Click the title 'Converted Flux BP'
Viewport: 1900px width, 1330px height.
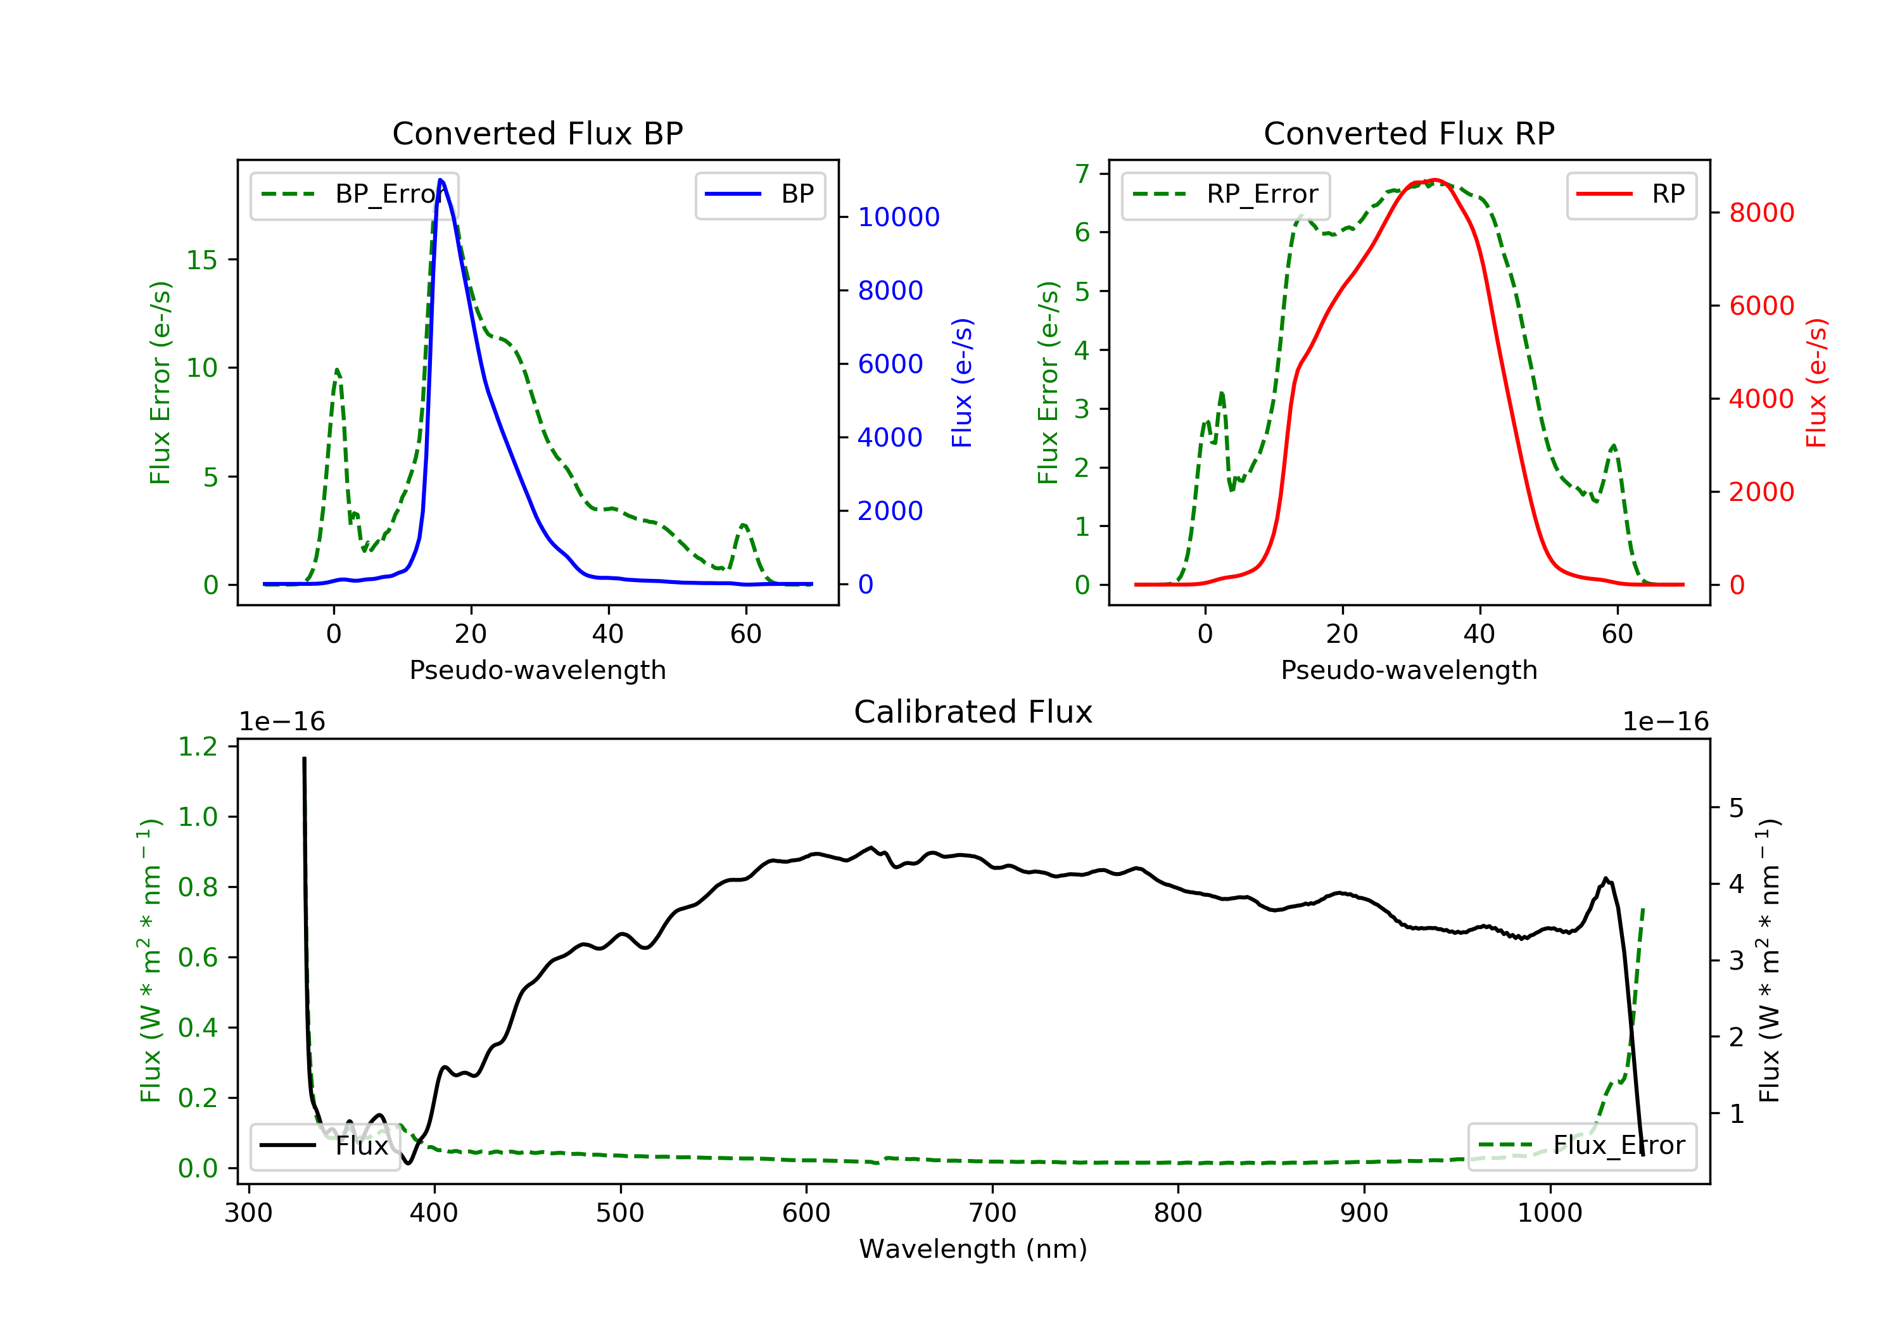click(x=537, y=133)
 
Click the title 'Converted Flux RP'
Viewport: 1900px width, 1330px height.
click(x=1409, y=133)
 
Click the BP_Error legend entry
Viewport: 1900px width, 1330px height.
click(x=354, y=194)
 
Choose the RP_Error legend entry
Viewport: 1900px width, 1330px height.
click(x=1225, y=194)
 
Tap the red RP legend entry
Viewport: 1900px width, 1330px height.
click(x=1631, y=194)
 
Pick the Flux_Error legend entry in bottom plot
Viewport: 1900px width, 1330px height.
click(x=1581, y=1146)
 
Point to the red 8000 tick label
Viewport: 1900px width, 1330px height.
click(x=1762, y=213)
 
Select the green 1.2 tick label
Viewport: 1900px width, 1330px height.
click(x=198, y=747)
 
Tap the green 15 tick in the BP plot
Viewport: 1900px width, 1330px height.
click(x=201, y=260)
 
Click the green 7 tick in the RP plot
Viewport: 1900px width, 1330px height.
click(x=1082, y=173)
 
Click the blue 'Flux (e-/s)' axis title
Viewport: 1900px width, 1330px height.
click(x=961, y=383)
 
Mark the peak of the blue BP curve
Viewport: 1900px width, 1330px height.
click(x=440, y=180)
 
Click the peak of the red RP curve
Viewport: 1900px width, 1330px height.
click(x=1435, y=180)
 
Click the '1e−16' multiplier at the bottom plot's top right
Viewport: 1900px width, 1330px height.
click(x=1665, y=722)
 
